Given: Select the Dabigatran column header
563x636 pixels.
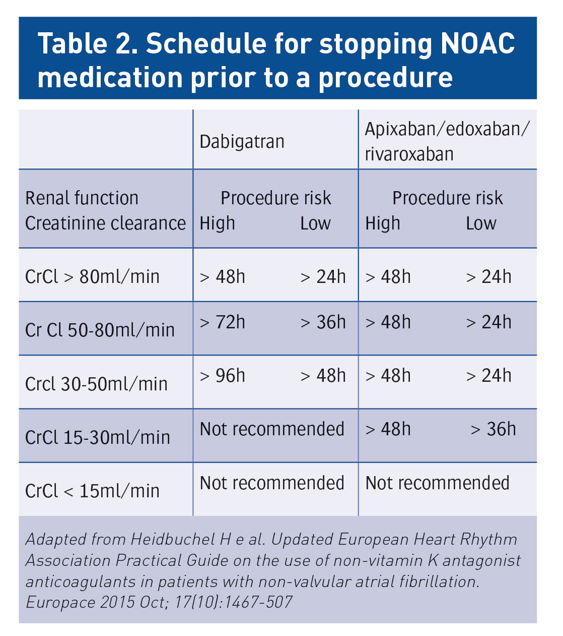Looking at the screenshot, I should (x=242, y=142).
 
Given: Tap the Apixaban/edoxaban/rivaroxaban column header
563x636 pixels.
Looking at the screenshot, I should (x=447, y=141).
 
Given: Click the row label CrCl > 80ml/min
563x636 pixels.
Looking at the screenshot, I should (x=92, y=276).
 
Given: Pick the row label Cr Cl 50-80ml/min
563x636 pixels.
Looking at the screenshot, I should (x=100, y=330).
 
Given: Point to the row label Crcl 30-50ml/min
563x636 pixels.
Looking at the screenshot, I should (x=96, y=384).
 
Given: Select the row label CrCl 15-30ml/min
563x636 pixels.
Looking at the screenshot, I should (x=97, y=437).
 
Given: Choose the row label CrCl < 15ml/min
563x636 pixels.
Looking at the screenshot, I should (x=92, y=491).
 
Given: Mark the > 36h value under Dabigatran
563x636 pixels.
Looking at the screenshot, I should (x=323, y=322).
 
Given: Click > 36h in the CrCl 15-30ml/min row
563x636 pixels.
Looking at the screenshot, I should (x=493, y=429).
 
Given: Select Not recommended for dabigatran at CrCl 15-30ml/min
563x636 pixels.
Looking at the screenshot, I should (x=272, y=429).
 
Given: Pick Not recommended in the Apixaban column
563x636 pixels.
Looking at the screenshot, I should (x=437, y=483).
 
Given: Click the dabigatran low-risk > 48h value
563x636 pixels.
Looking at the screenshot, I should (x=323, y=376).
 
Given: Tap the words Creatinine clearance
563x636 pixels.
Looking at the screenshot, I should (x=105, y=223).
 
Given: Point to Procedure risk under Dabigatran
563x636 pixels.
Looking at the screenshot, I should (x=275, y=198).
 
